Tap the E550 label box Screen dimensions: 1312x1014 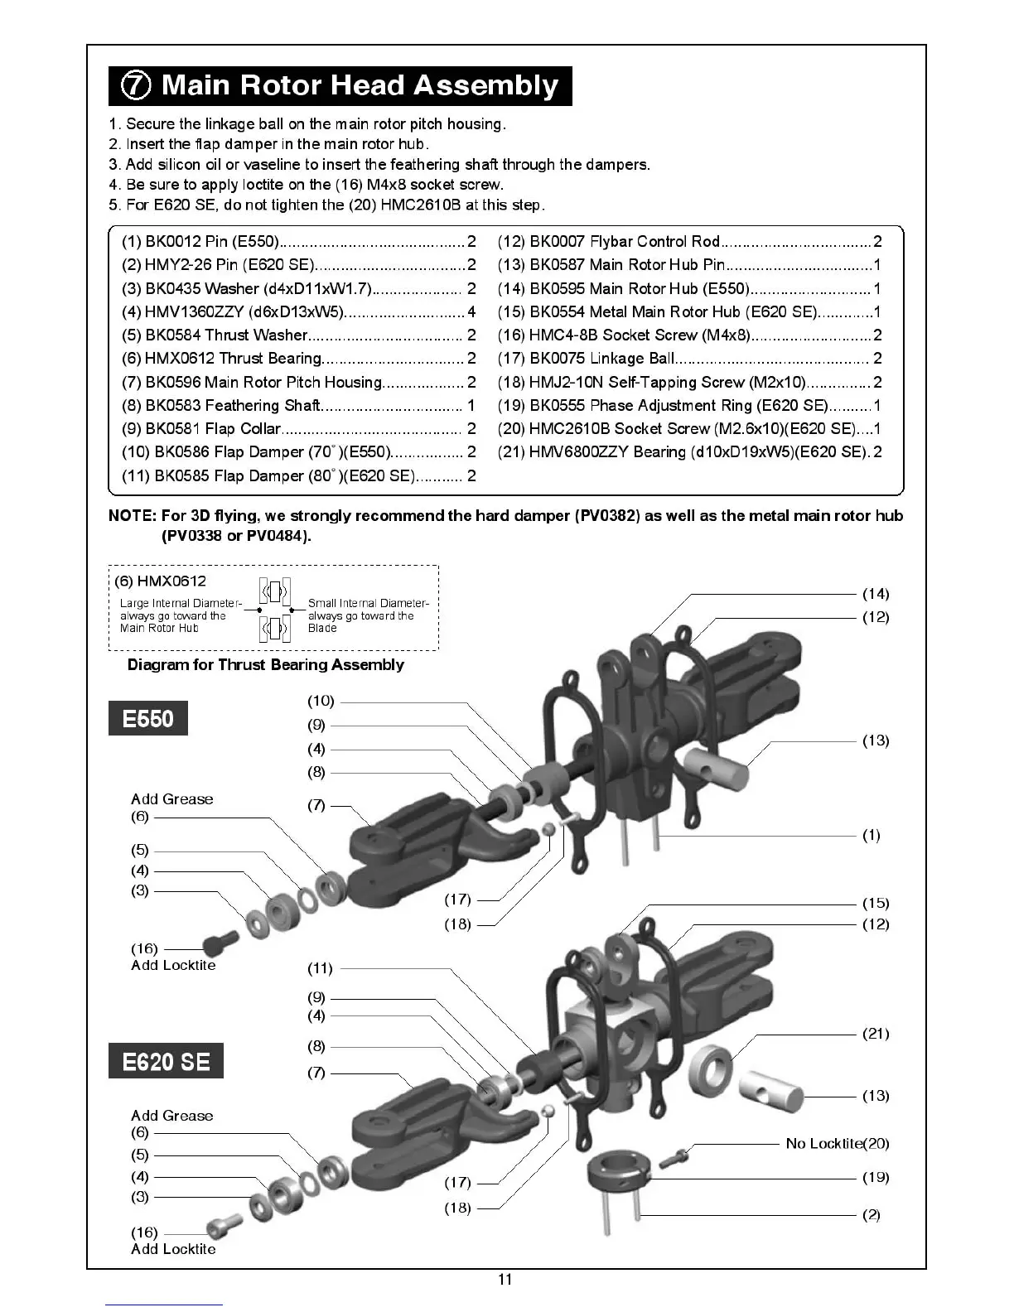pos(148,718)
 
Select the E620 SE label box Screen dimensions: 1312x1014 pos(166,1061)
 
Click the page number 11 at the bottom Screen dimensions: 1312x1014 pos(505,1279)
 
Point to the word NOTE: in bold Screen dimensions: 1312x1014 pos(132,516)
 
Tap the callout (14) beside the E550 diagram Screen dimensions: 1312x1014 pos(876,593)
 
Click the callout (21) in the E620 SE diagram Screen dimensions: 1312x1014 pos(876,1033)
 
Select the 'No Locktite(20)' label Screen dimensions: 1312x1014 pos(837,1143)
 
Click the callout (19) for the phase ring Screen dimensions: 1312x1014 pos(876,1177)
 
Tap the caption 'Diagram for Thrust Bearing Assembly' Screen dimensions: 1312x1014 pos(265,664)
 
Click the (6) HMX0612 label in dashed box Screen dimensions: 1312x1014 pos(160,581)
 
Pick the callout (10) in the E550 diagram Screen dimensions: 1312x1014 pos(321,701)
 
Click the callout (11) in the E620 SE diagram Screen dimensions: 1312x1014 pos(320,967)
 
